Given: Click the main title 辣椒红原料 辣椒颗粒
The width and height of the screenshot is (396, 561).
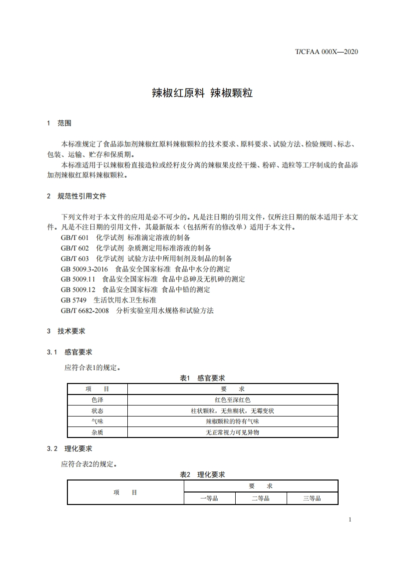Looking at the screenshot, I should (202, 93).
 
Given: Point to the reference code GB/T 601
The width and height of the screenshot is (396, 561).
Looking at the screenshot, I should (75, 237).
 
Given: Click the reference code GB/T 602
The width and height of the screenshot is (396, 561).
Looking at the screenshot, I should (75, 248).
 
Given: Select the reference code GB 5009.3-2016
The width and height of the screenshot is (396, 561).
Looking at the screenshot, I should (84, 269).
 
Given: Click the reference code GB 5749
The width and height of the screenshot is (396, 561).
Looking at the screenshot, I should (74, 300).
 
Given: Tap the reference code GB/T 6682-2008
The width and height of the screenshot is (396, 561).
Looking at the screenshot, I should (85, 310).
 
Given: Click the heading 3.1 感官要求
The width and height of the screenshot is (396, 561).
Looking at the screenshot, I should (69, 352).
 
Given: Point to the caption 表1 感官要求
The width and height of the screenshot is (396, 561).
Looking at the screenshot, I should (202, 378).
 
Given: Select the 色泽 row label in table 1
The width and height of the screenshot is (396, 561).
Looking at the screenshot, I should (97, 400).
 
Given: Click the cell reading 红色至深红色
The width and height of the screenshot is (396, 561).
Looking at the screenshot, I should (233, 400).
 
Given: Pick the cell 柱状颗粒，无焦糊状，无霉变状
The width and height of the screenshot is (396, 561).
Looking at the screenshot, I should (233, 411).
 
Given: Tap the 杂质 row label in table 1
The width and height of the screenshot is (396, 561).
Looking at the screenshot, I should (97, 432).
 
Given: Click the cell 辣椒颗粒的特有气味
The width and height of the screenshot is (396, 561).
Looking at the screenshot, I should (233, 421).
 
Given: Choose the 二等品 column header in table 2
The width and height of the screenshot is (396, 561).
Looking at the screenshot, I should (260, 498).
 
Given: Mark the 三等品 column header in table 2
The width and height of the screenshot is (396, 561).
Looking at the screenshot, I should (312, 498).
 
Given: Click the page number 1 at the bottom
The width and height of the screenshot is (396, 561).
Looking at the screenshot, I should (350, 519).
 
